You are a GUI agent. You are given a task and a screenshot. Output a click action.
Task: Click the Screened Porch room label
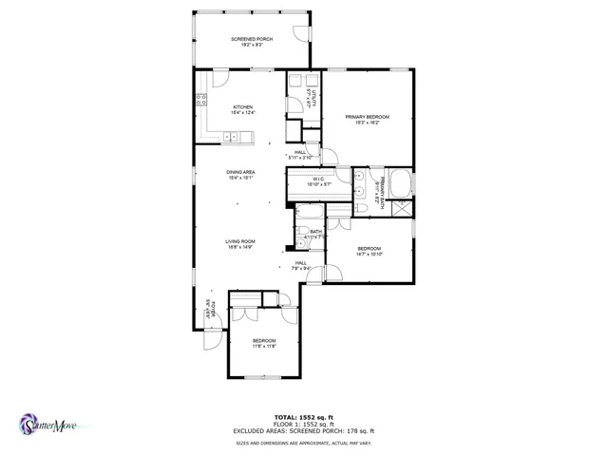tap(251, 41)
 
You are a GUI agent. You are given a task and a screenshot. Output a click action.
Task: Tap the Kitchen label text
tap(242, 110)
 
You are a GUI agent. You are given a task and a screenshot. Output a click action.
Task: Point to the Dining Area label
tap(240, 175)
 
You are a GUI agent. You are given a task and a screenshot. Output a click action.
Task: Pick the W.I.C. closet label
tap(319, 180)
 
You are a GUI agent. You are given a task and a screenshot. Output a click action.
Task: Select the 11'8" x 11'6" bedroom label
tap(263, 343)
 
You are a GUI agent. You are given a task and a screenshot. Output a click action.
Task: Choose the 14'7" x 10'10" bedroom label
tap(370, 253)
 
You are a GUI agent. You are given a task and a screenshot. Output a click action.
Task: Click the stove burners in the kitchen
tap(202, 97)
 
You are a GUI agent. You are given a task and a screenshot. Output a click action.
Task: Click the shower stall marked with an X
tap(401, 208)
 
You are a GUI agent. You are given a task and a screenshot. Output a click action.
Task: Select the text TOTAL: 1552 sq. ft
tap(303, 417)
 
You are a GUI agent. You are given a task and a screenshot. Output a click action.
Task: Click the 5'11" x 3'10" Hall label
tap(301, 154)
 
